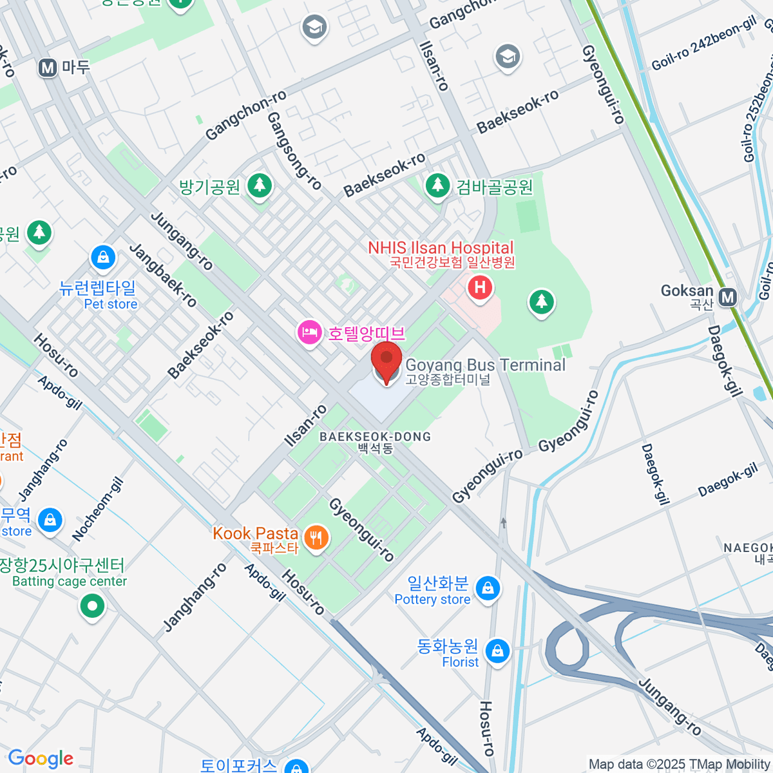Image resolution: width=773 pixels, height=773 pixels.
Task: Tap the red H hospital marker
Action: click(480, 287)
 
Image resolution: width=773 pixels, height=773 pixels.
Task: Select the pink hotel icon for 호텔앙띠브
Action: click(310, 332)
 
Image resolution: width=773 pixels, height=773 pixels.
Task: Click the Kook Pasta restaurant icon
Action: click(316, 536)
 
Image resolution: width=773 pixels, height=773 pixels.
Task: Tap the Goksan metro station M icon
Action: click(728, 297)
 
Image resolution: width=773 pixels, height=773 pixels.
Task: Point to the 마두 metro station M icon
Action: click(48, 68)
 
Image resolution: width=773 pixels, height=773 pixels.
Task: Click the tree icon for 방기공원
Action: click(260, 186)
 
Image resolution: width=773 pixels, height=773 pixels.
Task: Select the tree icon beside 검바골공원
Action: click(437, 186)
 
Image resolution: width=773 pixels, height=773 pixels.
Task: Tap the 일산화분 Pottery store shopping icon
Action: click(488, 588)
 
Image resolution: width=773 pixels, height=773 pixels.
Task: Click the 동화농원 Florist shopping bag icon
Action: click(497, 651)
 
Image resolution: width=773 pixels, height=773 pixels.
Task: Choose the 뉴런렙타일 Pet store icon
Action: click(103, 258)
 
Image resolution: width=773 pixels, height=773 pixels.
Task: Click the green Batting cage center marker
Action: click(92, 606)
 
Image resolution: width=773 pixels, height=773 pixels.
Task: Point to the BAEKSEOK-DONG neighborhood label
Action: click(375, 437)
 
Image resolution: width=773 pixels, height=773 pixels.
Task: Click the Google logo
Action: click(41, 759)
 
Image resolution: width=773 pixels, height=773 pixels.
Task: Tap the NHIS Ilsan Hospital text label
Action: click(441, 248)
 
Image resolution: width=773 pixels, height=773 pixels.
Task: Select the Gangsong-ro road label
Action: click(294, 151)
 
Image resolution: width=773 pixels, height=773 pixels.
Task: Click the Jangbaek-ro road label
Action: click(163, 275)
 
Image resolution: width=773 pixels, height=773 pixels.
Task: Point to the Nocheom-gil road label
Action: click(97, 509)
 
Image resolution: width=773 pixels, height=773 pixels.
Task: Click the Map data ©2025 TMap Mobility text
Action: click(679, 765)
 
